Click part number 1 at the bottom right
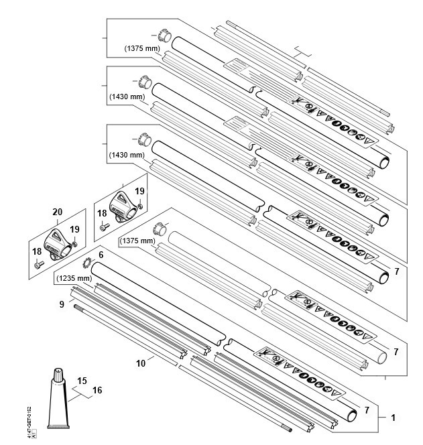pos(394,418)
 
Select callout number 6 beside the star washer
pos(101,255)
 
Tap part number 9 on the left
pos(62,303)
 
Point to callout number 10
pos(141,363)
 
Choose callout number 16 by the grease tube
pos(97,389)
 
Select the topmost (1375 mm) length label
pos(141,48)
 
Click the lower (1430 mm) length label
pos(125,155)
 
